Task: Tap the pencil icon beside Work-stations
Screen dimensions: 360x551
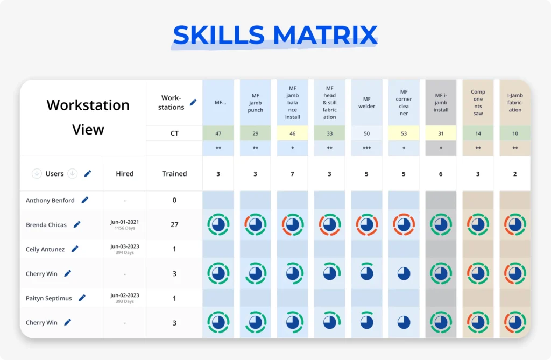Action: tap(193, 102)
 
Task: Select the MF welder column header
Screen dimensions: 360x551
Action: tap(366, 102)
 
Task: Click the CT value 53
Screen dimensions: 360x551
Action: tap(404, 133)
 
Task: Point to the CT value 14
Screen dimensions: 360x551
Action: tap(478, 133)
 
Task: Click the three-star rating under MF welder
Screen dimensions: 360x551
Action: tap(366, 148)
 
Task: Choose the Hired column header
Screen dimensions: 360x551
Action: tap(124, 174)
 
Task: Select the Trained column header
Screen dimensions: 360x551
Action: tap(174, 174)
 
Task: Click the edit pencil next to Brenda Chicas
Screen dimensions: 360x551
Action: tap(77, 224)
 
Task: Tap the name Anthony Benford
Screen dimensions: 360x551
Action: tap(50, 200)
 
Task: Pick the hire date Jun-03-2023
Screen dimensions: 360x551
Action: tap(125, 246)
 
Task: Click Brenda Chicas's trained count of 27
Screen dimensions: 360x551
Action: tap(174, 224)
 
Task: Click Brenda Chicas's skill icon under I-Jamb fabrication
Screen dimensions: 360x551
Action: tap(515, 224)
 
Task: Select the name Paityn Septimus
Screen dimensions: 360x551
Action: tap(48, 298)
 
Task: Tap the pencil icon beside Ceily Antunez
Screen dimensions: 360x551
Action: tap(75, 249)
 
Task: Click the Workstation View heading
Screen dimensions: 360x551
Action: tap(88, 117)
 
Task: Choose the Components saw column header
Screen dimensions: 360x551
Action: tap(478, 102)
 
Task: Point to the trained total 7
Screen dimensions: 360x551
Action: tap(292, 174)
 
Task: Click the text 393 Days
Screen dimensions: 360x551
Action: tap(125, 302)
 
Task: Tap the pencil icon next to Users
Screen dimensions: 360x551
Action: tap(88, 173)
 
